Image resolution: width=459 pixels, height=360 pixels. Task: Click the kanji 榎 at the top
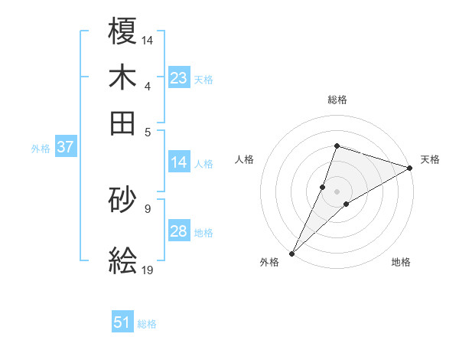coord(123,31)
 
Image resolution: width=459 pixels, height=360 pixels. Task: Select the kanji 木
coord(123,77)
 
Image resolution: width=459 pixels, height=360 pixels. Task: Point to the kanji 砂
coord(123,201)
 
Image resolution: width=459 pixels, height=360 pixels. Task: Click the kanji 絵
coord(123,260)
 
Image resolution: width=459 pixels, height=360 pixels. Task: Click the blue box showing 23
coord(179,78)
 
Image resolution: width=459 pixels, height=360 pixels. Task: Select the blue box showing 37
coord(65,148)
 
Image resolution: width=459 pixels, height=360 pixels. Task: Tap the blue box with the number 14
coord(179,162)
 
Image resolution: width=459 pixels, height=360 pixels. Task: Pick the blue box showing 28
coord(179,231)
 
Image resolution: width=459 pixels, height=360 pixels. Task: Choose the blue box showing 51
coord(122,322)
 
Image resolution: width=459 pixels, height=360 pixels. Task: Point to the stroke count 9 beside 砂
coord(148,207)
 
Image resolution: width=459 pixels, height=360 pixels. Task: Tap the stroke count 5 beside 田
coord(148,131)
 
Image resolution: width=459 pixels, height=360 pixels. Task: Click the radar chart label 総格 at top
coord(337,100)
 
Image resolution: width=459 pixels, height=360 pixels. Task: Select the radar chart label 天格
coord(430,159)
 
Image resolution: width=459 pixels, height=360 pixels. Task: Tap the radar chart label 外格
coord(269,263)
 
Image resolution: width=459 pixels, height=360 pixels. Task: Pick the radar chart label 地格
coord(401,263)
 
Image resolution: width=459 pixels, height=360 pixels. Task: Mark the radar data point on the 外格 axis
coord(292,253)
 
